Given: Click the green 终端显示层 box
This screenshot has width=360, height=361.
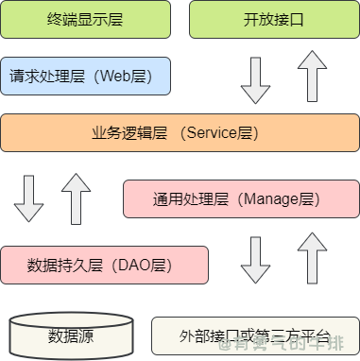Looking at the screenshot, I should click(85, 19).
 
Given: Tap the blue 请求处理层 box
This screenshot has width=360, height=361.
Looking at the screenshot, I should click(85, 76).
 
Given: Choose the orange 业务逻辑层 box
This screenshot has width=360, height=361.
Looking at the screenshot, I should click(180, 133).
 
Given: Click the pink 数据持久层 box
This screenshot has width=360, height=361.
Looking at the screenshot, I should click(104, 264).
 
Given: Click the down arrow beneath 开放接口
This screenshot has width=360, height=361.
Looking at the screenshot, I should click(256, 79).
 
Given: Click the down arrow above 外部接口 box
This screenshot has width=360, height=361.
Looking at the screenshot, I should click(256, 261).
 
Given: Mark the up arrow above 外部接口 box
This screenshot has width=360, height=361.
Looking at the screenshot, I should click(312, 259).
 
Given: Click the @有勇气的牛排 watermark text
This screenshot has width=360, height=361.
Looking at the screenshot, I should click(283, 346).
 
